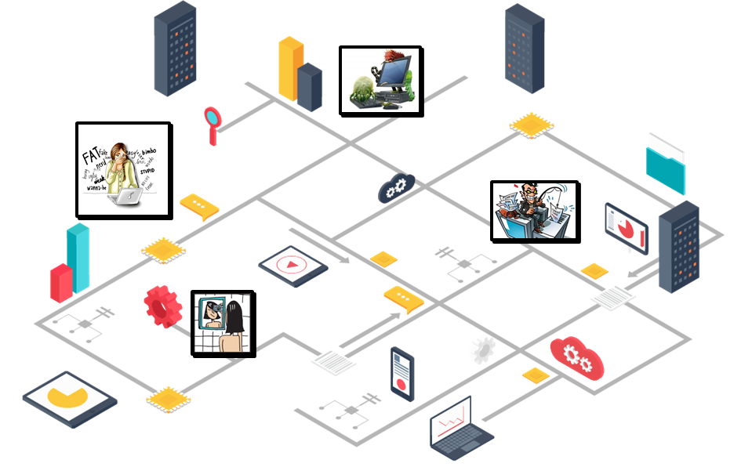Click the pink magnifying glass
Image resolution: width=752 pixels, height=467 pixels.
coord(213,118)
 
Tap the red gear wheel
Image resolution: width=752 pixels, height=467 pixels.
coord(163,306)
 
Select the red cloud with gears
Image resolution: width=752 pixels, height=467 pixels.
coord(577,358)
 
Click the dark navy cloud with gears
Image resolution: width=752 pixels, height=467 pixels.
coord(396,188)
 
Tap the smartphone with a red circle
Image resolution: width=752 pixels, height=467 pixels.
coord(401,374)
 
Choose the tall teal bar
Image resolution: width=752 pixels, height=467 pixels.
coord(78,257)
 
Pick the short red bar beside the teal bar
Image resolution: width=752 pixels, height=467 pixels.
coord(61,282)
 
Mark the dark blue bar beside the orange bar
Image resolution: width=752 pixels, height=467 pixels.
coord(310,86)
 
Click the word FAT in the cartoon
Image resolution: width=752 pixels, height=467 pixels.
coord(90,156)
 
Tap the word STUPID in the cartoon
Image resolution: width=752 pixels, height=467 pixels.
coord(147,169)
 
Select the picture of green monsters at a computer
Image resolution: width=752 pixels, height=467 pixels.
coord(381,81)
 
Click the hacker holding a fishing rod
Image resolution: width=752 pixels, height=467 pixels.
coord(535,210)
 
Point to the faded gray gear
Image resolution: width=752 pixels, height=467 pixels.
coord(484,349)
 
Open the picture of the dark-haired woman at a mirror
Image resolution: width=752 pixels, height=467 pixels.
coord(223,324)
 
